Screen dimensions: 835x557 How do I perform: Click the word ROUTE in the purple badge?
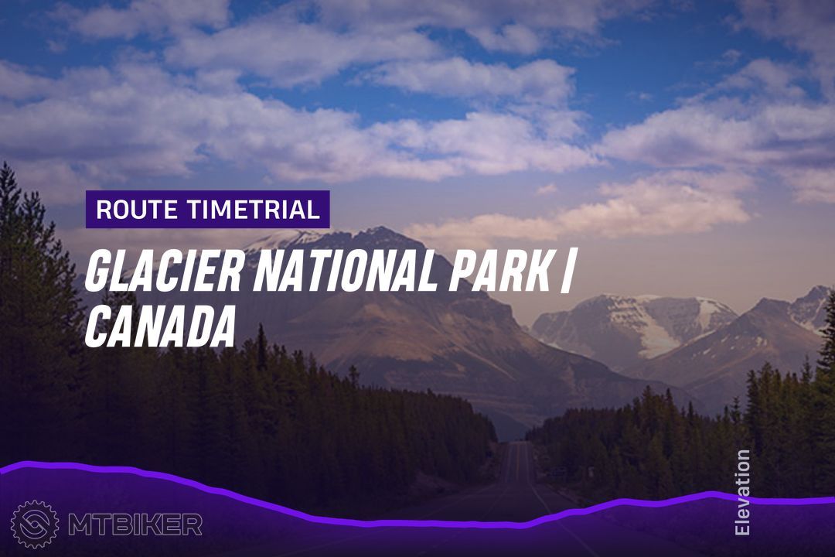coord(137,210)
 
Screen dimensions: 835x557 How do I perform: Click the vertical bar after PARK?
coord(567,272)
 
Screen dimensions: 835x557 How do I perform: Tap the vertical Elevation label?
coord(741,492)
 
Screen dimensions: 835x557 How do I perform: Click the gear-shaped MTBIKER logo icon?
coord(35,524)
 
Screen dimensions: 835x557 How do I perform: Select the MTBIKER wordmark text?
coord(135,525)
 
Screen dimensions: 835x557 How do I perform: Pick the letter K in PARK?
coord(537,271)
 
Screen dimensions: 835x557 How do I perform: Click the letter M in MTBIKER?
coord(80,525)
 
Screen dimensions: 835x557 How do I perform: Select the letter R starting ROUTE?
coord(104,210)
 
